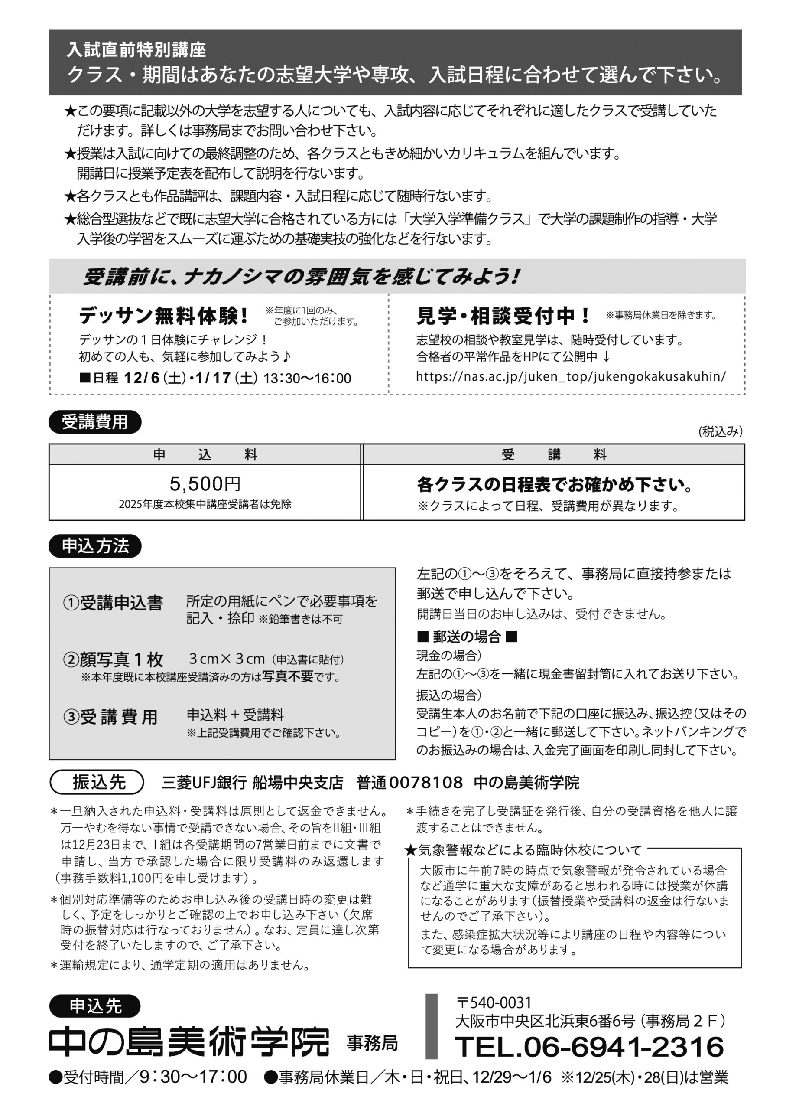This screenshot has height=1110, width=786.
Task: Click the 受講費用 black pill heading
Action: (95, 422)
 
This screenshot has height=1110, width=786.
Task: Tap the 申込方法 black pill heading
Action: (95, 546)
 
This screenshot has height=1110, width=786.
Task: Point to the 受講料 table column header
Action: (554, 455)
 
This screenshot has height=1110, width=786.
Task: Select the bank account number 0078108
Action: (426, 783)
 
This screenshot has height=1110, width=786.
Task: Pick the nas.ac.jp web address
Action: (571, 376)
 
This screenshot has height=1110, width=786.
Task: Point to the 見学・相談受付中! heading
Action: (503, 316)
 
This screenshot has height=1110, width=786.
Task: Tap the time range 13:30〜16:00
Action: (307, 378)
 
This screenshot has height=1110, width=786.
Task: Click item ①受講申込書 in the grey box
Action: (113, 603)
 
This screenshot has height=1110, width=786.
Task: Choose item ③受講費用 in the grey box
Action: (111, 717)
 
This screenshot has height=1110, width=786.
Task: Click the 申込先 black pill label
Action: (95, 1006)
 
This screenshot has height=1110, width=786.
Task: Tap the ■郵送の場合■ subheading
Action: (467, 637)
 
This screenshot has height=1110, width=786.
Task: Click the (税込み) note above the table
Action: (720, 431)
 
